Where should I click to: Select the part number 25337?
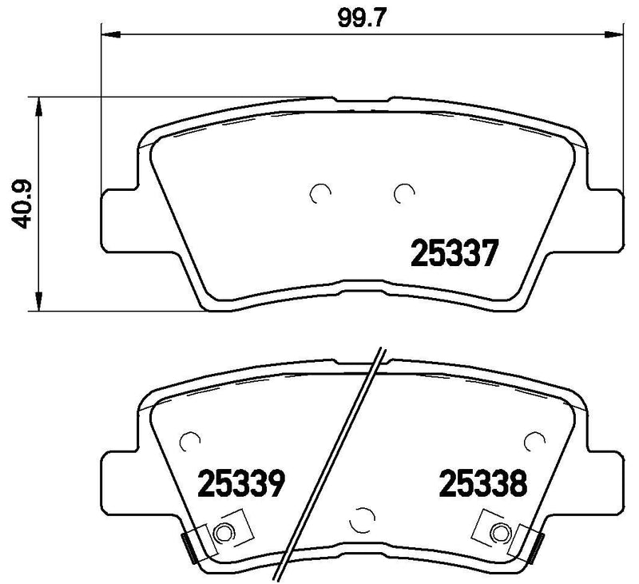pyautogui.click(x=454, y=254)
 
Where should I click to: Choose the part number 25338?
pyautogui.click(x=482, y=482)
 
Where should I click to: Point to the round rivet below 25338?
pyautogui.click(x=500, y=530)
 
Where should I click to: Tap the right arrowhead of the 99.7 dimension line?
pyautogui.click(x=614, y=34)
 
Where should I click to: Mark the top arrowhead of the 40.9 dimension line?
pyautogui.click(x=36, y=103)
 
